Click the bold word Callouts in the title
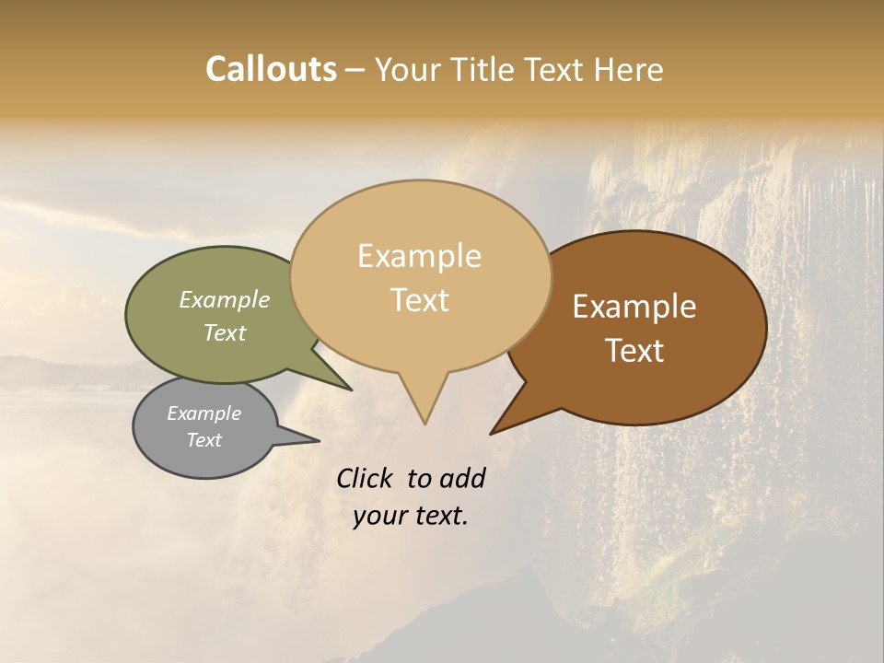(271, 69)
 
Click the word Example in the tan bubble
(420, 256)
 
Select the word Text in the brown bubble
(635, 351)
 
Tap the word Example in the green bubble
(225, 299)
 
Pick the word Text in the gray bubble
(204, 440)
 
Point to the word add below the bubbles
(462, 478)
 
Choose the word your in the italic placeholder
(380, 516)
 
